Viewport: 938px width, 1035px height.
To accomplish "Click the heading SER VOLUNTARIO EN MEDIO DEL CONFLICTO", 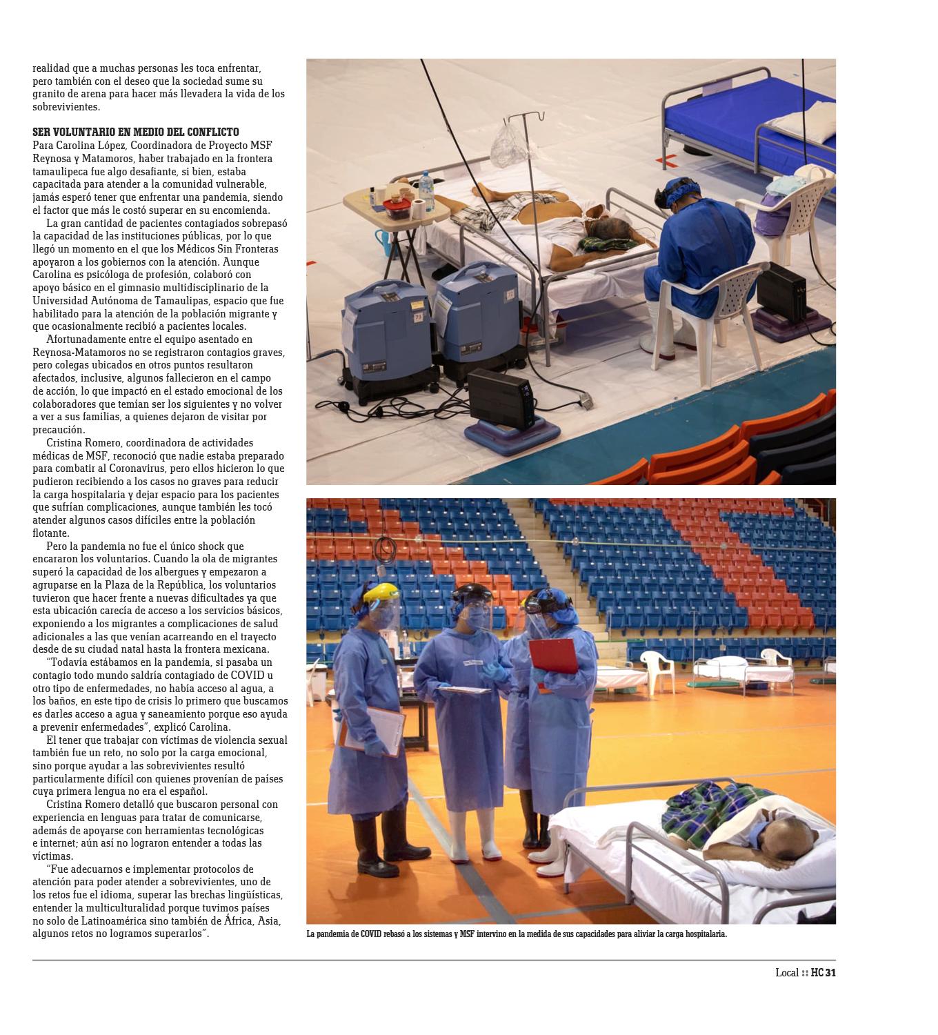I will (136, 132).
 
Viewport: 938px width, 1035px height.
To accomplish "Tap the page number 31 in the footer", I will (830, 973).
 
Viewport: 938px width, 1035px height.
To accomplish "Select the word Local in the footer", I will (786, 973).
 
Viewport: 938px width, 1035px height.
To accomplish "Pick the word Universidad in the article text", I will (59, 301).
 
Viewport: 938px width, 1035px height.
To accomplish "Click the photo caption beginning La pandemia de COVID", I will (517, 934).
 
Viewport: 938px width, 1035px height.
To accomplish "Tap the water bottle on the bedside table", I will (426, 191).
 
